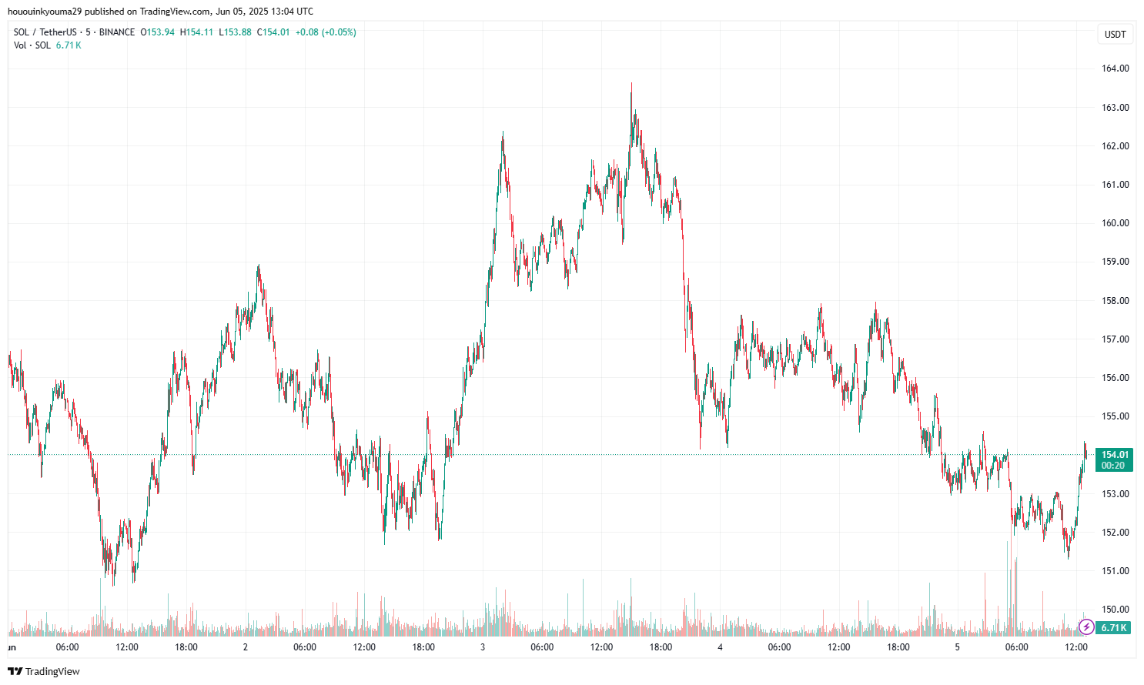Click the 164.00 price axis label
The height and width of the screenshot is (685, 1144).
click(1115, 68)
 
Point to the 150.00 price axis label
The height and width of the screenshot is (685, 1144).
click(1115, 610)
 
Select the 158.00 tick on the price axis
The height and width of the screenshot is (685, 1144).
click(1115, 300)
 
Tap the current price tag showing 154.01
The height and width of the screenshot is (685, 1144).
click(1115, 455)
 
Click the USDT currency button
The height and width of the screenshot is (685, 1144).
click(1115, 34)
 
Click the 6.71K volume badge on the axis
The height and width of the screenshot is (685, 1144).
click(1113, 628)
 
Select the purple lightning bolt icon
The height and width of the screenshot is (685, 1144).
click(1086, 627)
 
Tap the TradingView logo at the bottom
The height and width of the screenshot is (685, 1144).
click(44, 671)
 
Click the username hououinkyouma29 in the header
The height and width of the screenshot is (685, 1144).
click(44, 12)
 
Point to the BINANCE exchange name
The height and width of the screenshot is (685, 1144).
click(117, 32)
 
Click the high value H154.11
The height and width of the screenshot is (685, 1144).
click(196, 32)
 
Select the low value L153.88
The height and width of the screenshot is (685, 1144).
click(235, 32)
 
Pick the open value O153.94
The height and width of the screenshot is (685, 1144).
click(157, 32)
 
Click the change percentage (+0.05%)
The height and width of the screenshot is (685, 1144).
click(339, 32)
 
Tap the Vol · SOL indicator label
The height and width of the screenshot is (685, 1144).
click(32, 45)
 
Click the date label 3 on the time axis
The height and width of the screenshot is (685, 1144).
click(483, 647)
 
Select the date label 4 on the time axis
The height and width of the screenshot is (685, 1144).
click(720, 647)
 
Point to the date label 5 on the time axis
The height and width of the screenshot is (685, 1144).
click(957, 647)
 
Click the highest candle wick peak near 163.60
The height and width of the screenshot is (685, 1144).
click(631, 84)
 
